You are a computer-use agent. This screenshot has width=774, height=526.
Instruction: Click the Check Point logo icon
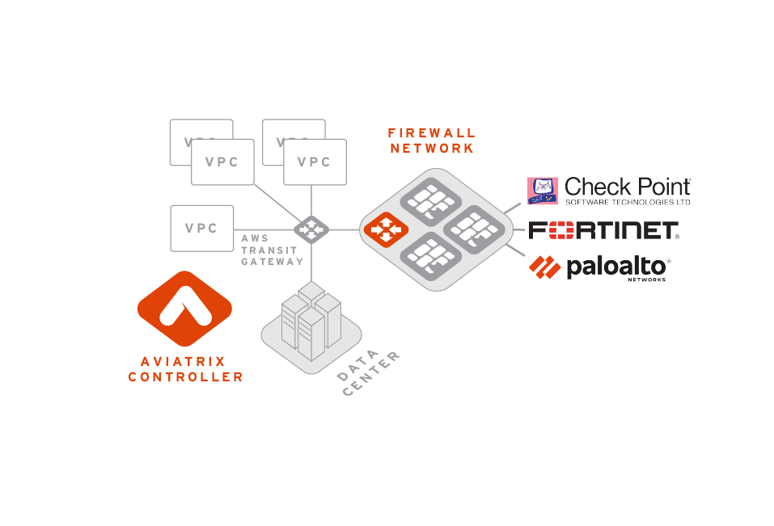click(x=543, y=191)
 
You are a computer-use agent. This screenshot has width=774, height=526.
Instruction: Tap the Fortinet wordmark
click(x=603, y=230)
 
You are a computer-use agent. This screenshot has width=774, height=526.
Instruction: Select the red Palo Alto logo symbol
click(x=544, y=266)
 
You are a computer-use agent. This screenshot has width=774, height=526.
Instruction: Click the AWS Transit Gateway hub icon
click(x=311, y=229)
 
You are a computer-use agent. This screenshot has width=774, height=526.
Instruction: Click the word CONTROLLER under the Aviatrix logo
click(x=185, y=377)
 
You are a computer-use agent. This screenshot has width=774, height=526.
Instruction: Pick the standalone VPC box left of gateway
click(x=201, y=229)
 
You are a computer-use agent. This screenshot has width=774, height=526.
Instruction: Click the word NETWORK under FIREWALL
click(x=431, y=149)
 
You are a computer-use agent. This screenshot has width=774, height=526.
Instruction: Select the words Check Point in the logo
click(x=627, y=187)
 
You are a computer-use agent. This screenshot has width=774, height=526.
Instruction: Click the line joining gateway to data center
click(x=311, y=263)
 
